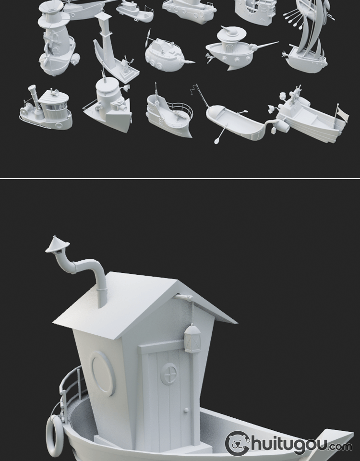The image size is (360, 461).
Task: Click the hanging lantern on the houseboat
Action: pos(192,338)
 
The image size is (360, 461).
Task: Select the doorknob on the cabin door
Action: pos(186,410)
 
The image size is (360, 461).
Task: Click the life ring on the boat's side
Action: pos(54,435)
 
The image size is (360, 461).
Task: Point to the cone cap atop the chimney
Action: pos(57,244)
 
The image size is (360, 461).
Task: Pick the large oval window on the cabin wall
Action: pos(103,373)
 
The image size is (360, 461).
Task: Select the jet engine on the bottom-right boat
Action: pos(281,125)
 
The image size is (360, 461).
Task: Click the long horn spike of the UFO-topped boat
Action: pos(265,45)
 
